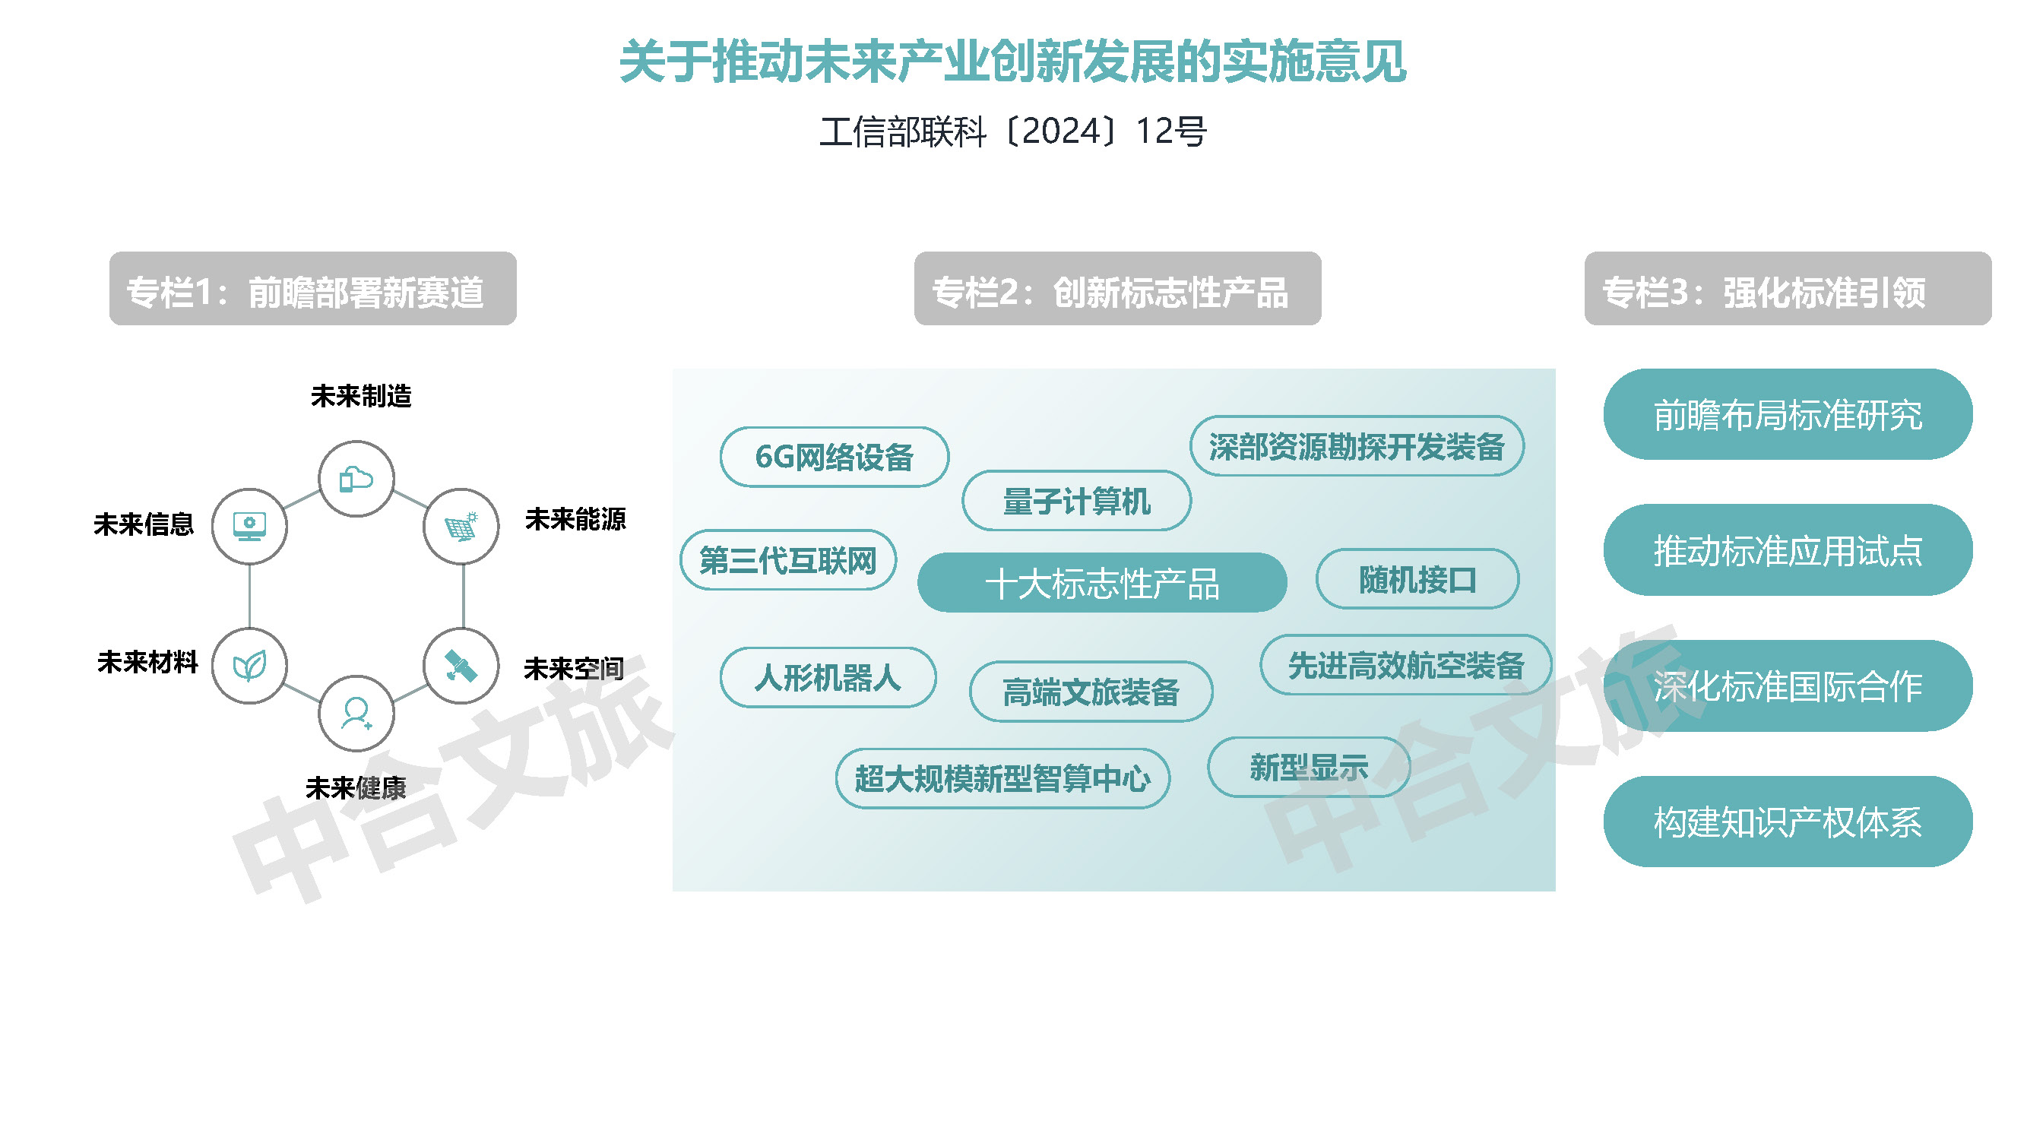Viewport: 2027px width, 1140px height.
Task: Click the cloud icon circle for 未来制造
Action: [356, 478]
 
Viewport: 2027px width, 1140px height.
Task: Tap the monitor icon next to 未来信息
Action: [249, 526]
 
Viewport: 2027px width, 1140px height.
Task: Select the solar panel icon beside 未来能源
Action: [461, 526]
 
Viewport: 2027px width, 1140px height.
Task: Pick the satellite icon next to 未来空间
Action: [461, 666]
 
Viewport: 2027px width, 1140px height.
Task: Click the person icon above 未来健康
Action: [356, 714]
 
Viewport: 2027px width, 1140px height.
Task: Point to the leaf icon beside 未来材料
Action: [249, 666]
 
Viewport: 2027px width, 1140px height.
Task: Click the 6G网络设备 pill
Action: [834, 457]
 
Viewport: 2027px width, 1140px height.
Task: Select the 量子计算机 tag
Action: [1076, 500]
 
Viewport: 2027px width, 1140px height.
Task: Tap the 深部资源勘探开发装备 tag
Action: [1357, 446]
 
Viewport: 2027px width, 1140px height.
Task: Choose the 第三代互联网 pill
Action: [787, 560]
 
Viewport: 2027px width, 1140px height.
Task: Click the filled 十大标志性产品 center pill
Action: [1101, 583]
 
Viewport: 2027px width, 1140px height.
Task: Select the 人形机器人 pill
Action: [828, 677]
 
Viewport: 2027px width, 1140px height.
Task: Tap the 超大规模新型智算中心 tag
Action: [1002, 778]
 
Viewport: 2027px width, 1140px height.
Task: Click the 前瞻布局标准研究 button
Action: [1788, 415]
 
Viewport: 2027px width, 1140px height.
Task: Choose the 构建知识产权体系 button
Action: [1788, 822]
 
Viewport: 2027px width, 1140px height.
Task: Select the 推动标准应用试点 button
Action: [1788, 550]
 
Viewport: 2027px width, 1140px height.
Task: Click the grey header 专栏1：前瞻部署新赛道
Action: [313, 289]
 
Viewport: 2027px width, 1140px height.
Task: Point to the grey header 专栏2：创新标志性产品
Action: [1117, 289]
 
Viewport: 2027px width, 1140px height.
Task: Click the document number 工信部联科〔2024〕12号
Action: [1012, 131]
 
